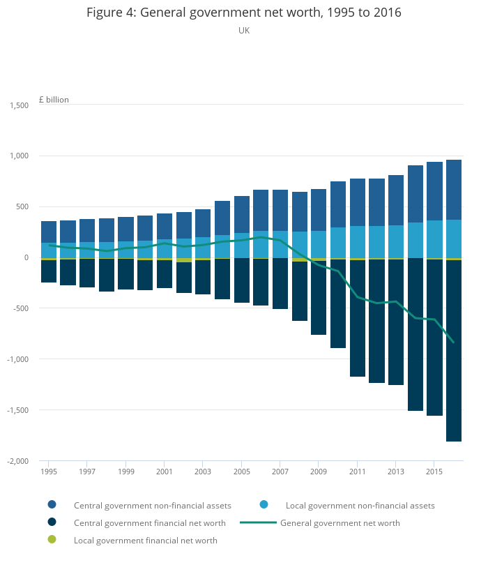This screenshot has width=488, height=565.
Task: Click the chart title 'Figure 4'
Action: (x=243, y=13)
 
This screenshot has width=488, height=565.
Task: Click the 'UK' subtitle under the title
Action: (x=244, y=31)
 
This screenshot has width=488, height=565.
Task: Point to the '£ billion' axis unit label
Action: (x=54, y=100)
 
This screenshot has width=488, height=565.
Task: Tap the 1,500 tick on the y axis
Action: (x=19, y=105)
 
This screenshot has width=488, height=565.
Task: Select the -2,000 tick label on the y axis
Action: (x=17, y=461)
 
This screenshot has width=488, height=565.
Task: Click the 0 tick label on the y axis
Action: (x=26, y=257)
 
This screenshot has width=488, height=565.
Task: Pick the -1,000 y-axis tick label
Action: (x=17, y=359)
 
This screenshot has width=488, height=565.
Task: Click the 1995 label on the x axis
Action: (x=49, y=472)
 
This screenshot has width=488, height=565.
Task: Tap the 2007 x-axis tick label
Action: (x=280, y=472)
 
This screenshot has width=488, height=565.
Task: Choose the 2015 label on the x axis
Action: (x=434, y=472)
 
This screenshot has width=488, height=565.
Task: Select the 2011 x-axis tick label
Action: (x=357, y=472)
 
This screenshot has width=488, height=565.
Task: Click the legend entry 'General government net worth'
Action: (x=340, y=522)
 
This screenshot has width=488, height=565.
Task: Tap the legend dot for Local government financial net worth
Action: (x=52, y=540)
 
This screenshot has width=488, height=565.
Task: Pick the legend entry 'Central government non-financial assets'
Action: (x=152, y=505)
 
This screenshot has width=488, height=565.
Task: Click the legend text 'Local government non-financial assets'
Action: (x=360, y=505)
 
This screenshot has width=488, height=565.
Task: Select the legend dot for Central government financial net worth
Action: (x=52, y=522)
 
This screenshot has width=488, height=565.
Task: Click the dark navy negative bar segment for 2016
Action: (x=454, y=349)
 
